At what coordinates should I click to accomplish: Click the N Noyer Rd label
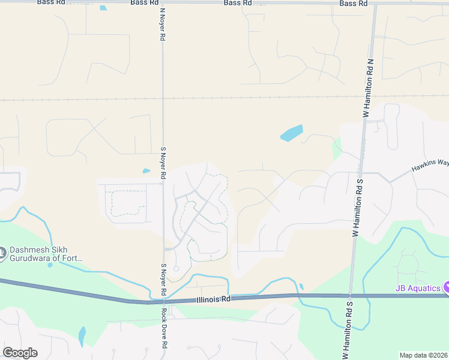point(162,24)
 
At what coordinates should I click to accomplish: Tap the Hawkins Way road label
point(430,166)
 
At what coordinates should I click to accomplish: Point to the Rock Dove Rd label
point(163,329)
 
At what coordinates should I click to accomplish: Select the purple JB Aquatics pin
point(446,287)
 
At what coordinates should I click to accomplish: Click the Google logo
point(20,353)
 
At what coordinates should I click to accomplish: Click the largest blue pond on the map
point(292,133)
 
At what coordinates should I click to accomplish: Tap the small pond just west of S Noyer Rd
point(146,171)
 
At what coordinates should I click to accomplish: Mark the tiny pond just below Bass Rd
point(103,8)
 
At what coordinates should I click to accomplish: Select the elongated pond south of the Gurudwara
point(82,337)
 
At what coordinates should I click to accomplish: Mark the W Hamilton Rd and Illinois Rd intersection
point(350,295)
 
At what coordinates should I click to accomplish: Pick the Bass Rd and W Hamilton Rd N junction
point(375,4)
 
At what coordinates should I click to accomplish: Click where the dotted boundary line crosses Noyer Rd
point(163,99)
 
